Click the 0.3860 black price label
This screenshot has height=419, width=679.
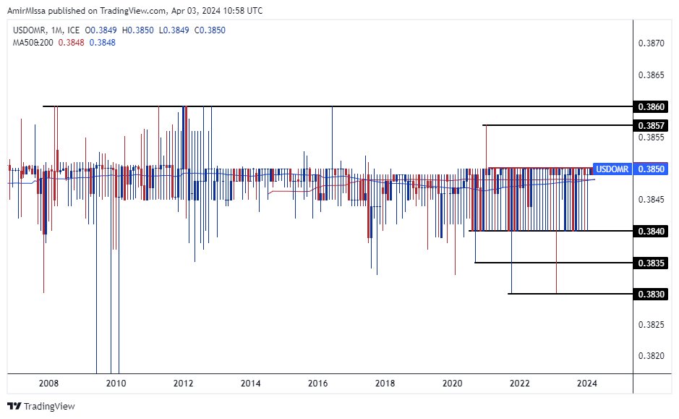[x=651, y=106]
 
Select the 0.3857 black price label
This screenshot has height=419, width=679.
[x=651, y=125]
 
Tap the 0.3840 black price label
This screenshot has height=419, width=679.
[x=651, y=231]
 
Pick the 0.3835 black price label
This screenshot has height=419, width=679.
[x=651, y=262]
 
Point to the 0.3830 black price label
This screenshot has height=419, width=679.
[x=651, y=294]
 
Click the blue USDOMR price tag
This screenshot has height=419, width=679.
[x=611, y=169]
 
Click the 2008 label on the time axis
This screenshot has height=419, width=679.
[x=48, y=383]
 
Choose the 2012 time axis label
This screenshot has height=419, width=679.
[x=184, y=383]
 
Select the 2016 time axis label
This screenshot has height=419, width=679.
[x=317, y=383]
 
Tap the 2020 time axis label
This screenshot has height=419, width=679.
[x=452, y=383]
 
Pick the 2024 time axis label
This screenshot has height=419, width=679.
[x=586, y=383]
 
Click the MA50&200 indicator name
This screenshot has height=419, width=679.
[x=33, y=43]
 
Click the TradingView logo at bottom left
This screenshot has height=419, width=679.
[x=41, y=406]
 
